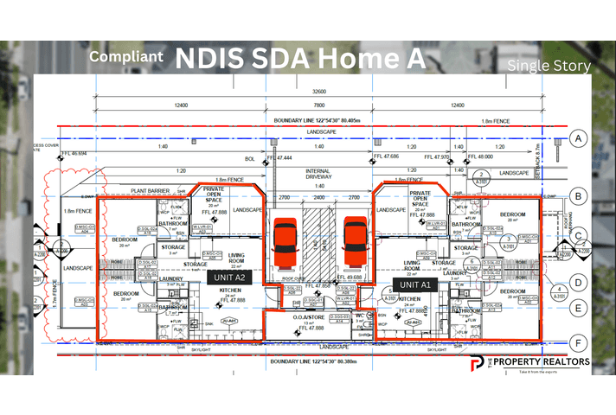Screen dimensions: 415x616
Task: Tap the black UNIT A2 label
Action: [x=228, y=278]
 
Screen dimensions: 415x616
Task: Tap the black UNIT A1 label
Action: [x=413, y=283]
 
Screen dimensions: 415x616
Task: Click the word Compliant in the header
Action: [x=127, y=57]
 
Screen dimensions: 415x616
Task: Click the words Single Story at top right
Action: [x=549, y=66]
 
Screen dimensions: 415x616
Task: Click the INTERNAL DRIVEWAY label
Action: [x=318, y=176]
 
